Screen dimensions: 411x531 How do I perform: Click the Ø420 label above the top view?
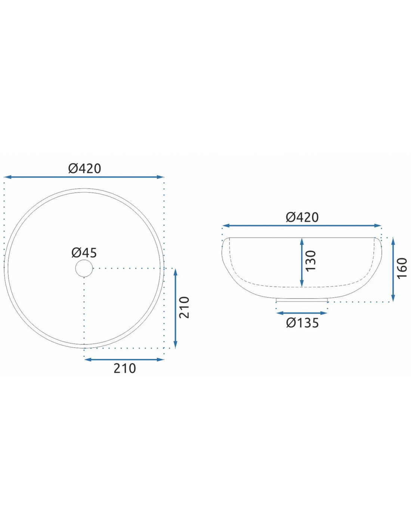(x=84, y=168)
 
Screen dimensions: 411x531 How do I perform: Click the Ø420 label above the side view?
(x=302, y=217)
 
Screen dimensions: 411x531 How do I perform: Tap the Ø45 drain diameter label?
(x=84, y=252)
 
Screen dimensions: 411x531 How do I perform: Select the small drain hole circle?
(x=84, y=268)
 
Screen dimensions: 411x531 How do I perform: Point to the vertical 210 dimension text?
(x=184, y=307)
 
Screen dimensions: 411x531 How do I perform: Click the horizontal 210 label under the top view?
(x=125, y=368)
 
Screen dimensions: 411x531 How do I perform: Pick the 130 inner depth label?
(x=311, y=261)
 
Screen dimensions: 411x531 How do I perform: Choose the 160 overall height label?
(x=402, y=268)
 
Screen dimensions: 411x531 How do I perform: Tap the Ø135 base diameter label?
(x=302, y=323)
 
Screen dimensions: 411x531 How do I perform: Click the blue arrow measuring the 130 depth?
(x=302, y=262)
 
